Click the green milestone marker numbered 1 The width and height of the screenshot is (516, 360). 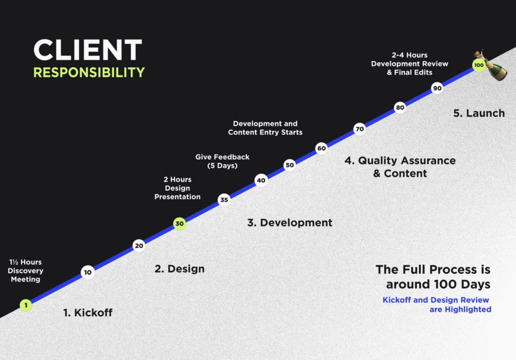click(26, 305)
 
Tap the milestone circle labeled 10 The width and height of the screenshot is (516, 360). click(88, 272)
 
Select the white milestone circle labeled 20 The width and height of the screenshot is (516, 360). click(139, 246)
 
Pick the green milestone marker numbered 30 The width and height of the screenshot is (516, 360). click(179, 224)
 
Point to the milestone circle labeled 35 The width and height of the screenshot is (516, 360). click(224, 200)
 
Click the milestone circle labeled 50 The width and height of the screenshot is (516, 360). click(290, 165)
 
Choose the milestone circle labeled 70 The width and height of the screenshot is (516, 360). click(360, 129)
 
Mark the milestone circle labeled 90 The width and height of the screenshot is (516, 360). click(437, 88)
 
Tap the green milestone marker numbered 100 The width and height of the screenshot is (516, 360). click(479, 65)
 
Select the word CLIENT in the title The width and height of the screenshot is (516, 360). click(88, 50)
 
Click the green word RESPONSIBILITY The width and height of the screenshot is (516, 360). click(89, 73)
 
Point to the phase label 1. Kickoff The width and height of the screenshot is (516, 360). click(88, 312)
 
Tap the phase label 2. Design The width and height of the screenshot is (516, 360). click(180, 269)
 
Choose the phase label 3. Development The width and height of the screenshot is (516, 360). click(290, 223)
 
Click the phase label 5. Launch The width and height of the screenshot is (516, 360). click(479, 113)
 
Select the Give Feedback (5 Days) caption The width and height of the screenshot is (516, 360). click(222, 161)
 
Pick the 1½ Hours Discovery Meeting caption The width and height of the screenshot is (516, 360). click(26, 270)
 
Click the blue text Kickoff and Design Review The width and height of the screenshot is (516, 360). click(436, 300)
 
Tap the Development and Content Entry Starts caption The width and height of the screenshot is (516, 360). click(265, 128)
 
